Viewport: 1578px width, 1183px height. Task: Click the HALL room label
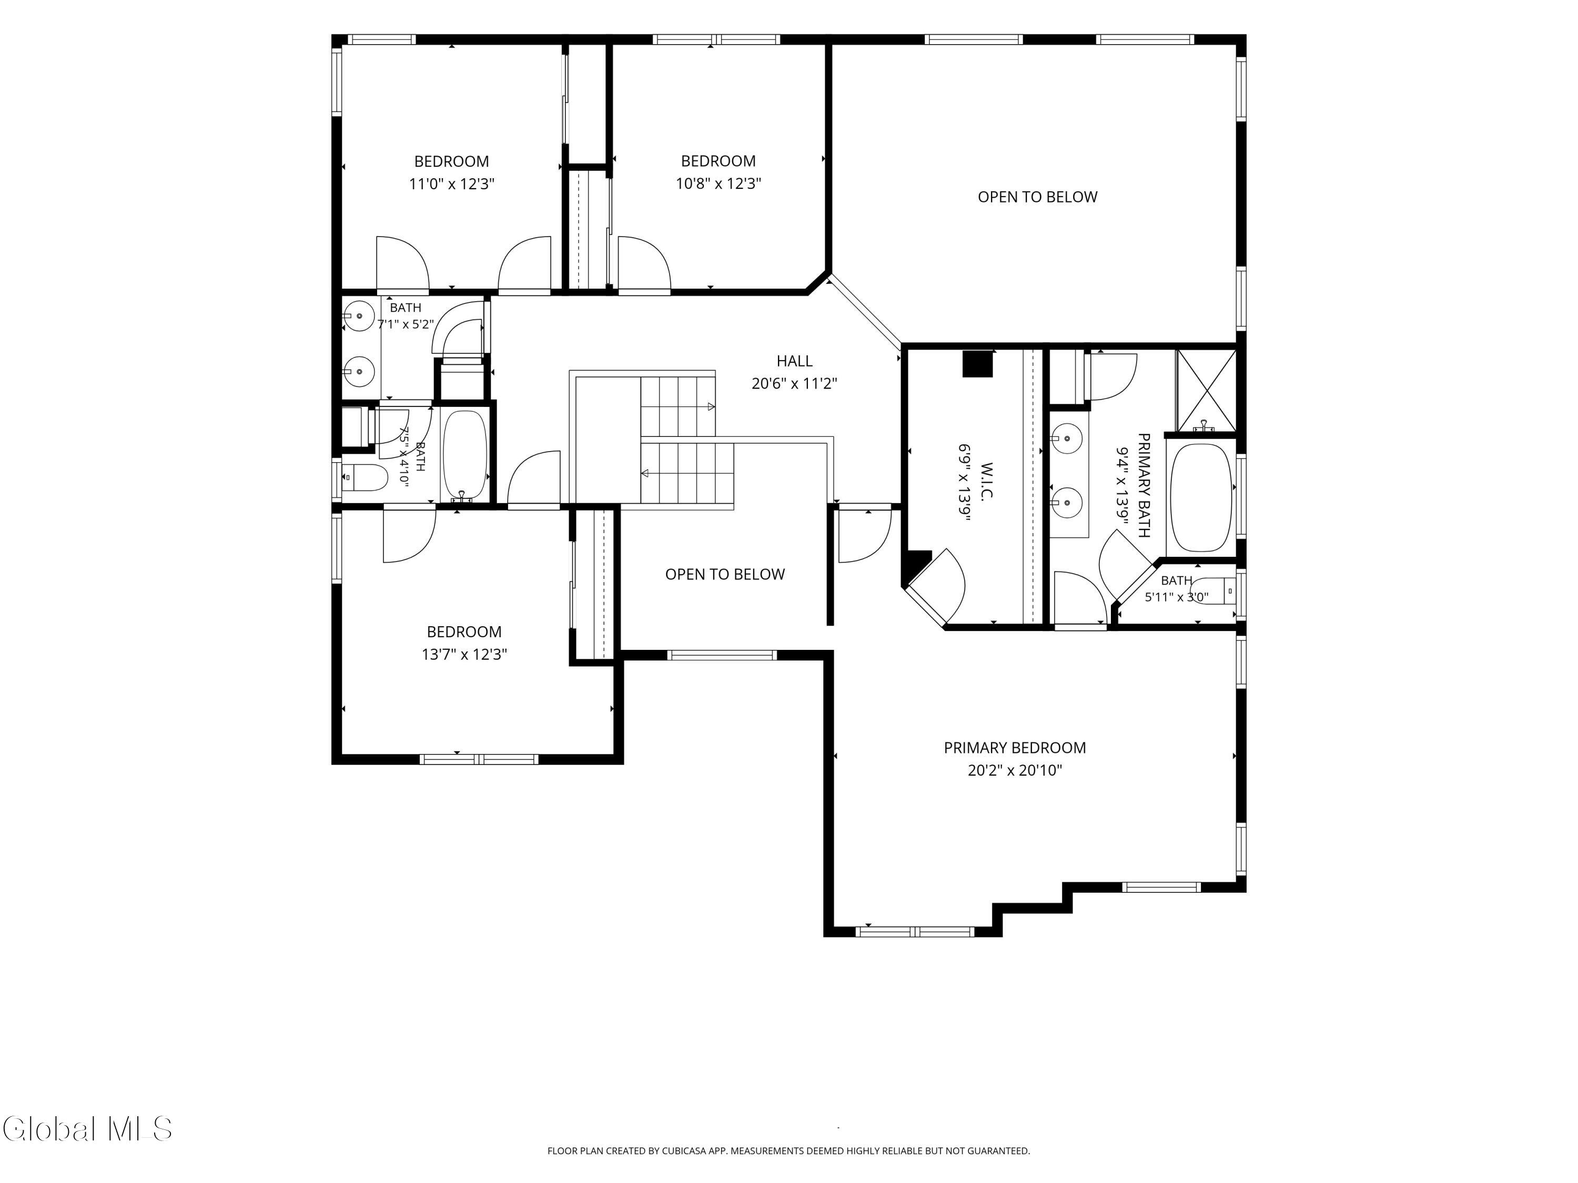(794, 361)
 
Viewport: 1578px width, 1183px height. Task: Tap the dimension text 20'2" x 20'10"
(1015, 770)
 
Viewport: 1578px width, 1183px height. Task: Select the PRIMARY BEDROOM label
(1015, 747)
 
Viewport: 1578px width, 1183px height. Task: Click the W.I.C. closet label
(987, 481)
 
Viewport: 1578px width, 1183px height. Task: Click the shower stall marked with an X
(1206, 390)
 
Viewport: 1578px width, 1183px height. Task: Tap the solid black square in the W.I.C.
(978, 364)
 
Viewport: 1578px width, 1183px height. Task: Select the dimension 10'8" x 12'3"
(719, 183)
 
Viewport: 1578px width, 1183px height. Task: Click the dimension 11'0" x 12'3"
(451, 184)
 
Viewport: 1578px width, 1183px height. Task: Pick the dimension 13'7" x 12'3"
(464, 654)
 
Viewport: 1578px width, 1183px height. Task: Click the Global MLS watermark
(87, 1129)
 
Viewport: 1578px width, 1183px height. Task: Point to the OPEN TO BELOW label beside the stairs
(725, 574)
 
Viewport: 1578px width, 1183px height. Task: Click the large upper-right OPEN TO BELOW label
(1037, 197)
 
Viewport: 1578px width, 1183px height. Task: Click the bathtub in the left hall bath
(465, 455)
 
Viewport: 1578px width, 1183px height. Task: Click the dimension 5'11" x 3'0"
(1176, 597)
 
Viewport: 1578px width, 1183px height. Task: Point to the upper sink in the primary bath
(1067, 438)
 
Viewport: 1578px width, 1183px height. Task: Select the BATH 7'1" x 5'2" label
(405, 316)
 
